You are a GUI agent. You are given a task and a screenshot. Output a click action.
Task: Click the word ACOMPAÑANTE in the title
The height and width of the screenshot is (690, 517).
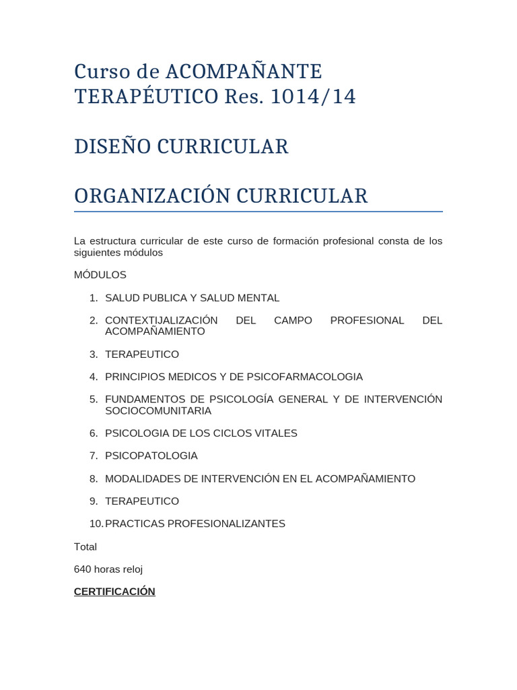[244, 71]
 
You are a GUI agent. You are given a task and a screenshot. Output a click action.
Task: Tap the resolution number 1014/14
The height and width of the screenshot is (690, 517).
[312, 96]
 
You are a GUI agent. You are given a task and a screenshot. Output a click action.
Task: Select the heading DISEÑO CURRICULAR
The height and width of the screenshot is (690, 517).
[181, 146]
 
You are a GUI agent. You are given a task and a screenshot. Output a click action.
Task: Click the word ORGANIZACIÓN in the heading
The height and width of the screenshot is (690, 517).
[146, 196]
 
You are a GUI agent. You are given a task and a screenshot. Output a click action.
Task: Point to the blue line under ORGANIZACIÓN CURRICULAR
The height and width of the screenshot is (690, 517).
[258, 212]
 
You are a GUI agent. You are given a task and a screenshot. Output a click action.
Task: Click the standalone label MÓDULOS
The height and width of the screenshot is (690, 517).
[100, 275]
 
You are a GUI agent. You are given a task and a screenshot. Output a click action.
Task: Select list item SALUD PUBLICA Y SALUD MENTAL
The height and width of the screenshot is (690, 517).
[192, 298]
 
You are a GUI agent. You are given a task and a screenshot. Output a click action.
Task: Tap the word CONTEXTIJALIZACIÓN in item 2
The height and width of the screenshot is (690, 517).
[162, 320]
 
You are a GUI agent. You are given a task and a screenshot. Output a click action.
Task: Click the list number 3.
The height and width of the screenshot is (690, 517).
[94, 354]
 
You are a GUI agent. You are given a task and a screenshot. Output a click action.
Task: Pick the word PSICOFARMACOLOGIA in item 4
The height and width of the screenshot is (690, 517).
[305, 377]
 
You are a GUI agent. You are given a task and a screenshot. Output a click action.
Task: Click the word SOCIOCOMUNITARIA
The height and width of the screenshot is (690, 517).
[158, 410]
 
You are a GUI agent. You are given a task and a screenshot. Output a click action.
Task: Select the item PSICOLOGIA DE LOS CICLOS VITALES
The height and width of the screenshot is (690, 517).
[201, 433]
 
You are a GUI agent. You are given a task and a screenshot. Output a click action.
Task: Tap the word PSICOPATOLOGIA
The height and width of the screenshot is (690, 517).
[151, 456]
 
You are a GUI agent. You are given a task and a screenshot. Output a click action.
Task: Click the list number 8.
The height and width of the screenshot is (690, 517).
[94, 478]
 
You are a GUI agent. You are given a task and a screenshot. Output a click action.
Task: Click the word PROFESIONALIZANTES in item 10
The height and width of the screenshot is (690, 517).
[231, 524]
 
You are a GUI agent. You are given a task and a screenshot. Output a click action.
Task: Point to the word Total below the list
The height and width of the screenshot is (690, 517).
[85, 546]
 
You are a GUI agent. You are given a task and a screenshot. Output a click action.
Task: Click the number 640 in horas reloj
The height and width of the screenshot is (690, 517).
[83, 569]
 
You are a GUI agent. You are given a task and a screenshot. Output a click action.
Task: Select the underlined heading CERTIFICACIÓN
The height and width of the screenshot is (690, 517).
[114, 592]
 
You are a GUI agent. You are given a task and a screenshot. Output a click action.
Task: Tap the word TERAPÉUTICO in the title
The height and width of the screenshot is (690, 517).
[146, 96]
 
